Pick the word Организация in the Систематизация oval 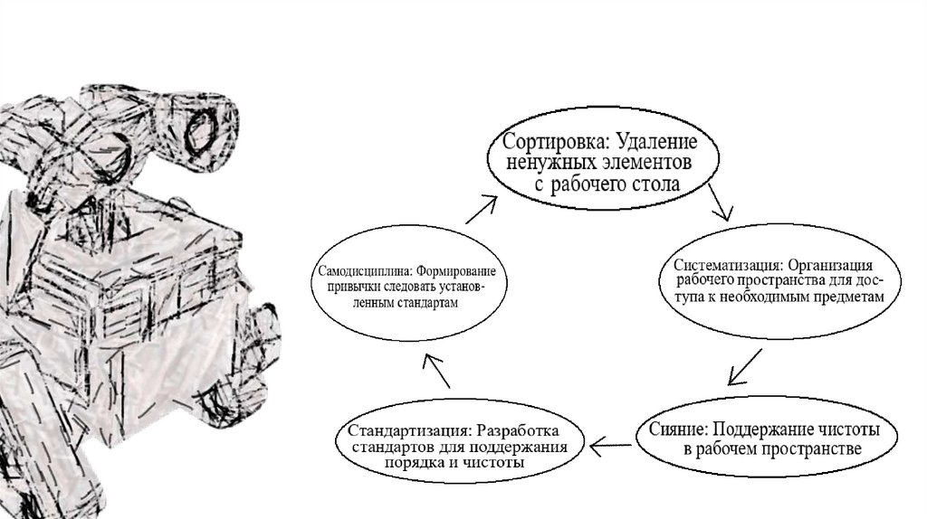click(x=829, y=266)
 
